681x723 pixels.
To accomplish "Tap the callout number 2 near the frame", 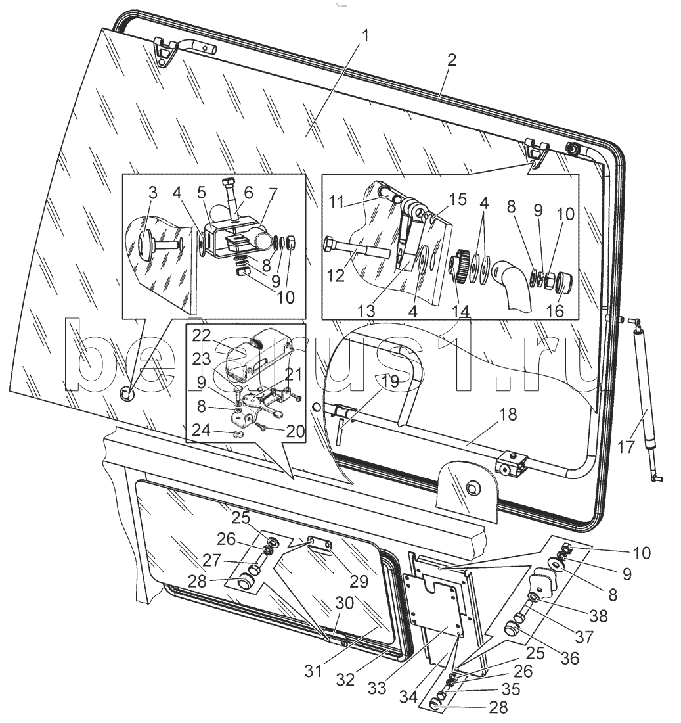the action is pyautogui.click(x=451, y=60).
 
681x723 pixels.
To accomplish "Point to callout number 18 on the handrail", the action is pyautogui.click(x=508, y=414).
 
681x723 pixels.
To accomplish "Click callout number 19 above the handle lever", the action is pyautogui.click(x=390, y=382).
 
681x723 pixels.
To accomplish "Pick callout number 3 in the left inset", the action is pyautogui.click(x=153, y=193).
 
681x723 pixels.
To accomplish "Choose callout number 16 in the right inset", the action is pyautogui.click(x=555, y=311).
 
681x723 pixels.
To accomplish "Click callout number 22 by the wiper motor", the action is pyautogui.click(x=202, y=336).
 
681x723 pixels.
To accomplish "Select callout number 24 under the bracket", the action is pyautogui.click(x=202, y=431).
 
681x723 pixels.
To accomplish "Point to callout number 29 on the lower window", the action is pyautogui.click(x=359, y=582).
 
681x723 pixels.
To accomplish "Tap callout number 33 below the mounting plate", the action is pyautogui.click(x=377, y=688).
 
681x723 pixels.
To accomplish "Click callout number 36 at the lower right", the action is pyautogui.click(x=569, y=658).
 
